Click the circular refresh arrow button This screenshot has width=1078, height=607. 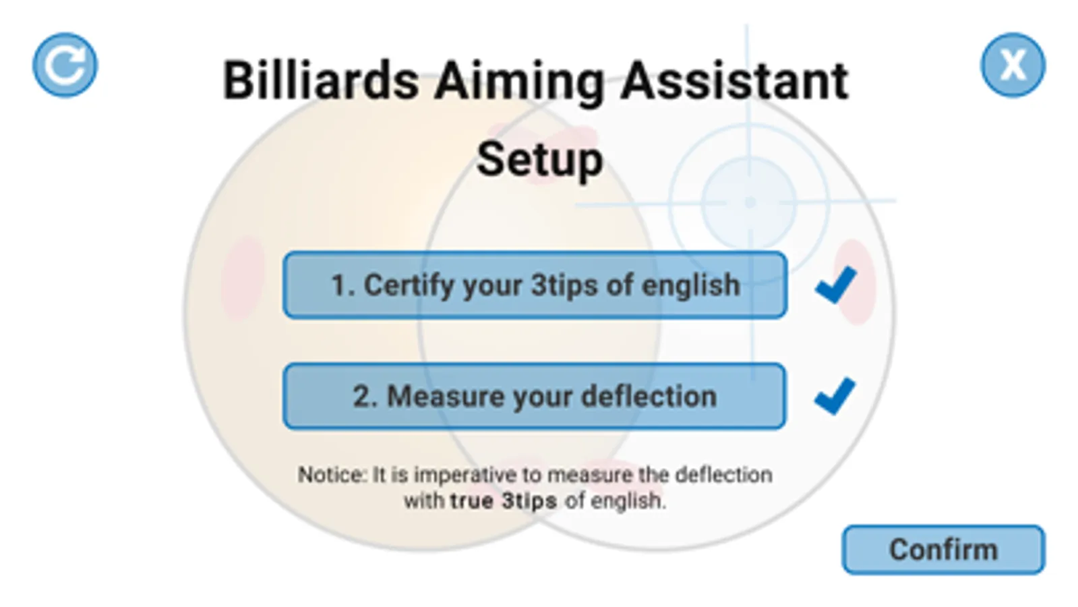click(65, 65)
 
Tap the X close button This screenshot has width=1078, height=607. click(1013, 65)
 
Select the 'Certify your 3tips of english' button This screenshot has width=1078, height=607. click(535, 285)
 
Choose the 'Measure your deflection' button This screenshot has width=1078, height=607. click(535, 396)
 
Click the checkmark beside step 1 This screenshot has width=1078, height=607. click(836, 285)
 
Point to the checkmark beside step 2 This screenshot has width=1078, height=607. click(835, 396)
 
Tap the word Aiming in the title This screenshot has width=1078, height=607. click(520, 82)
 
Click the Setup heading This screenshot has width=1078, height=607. click(539, 161)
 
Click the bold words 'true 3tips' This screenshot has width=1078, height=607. click(504, 501)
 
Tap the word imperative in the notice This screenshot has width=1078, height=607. click(465, 475)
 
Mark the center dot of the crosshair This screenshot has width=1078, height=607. click(749, 202)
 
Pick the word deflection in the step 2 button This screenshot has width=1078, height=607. click(649, 396)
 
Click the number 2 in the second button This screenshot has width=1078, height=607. click(361, 397)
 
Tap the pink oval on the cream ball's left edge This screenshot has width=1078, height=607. click(243, 279)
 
